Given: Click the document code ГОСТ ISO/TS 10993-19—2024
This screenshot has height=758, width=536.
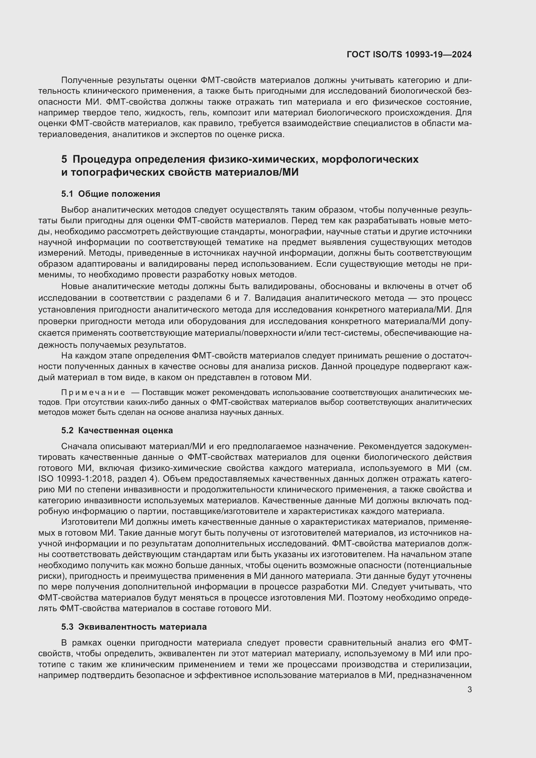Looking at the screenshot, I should pos(409,54).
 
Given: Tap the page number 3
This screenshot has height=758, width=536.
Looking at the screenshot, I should pos(469,690).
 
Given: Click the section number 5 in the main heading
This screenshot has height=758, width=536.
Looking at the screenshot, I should pos(64,159).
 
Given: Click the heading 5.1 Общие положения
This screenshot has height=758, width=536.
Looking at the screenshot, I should pos(111,194).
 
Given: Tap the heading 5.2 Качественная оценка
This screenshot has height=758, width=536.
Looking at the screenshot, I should pos(117,430).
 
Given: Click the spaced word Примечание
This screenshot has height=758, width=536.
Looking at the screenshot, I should pos(93,392).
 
